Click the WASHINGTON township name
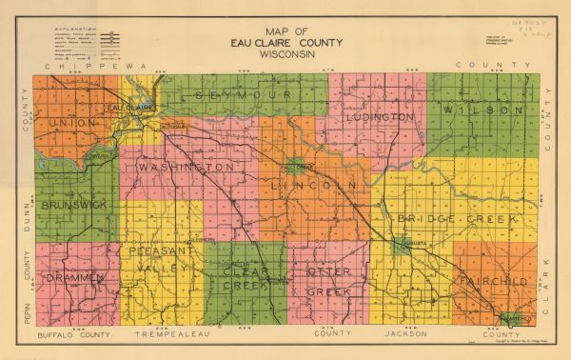coord(187,168)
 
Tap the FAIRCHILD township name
coord(493,283)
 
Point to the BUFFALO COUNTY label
coord(72,337)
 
